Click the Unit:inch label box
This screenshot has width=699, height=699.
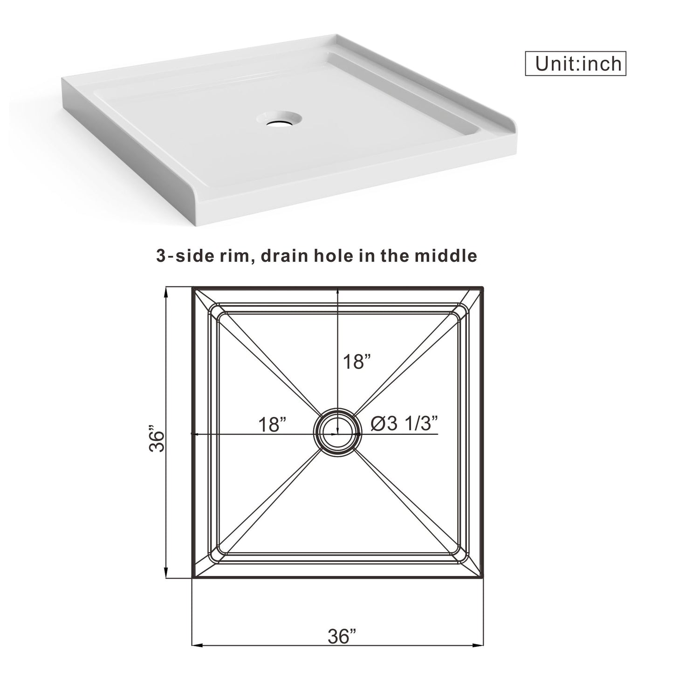tap(575, 63)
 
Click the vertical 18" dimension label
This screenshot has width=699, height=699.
tap(356, 362)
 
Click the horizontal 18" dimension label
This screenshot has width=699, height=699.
tap(272, 425)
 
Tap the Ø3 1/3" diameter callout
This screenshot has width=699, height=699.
tap(404, 424)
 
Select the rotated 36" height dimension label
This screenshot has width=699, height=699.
tap(158, 438)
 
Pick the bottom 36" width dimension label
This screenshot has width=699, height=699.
tap(342, 636)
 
